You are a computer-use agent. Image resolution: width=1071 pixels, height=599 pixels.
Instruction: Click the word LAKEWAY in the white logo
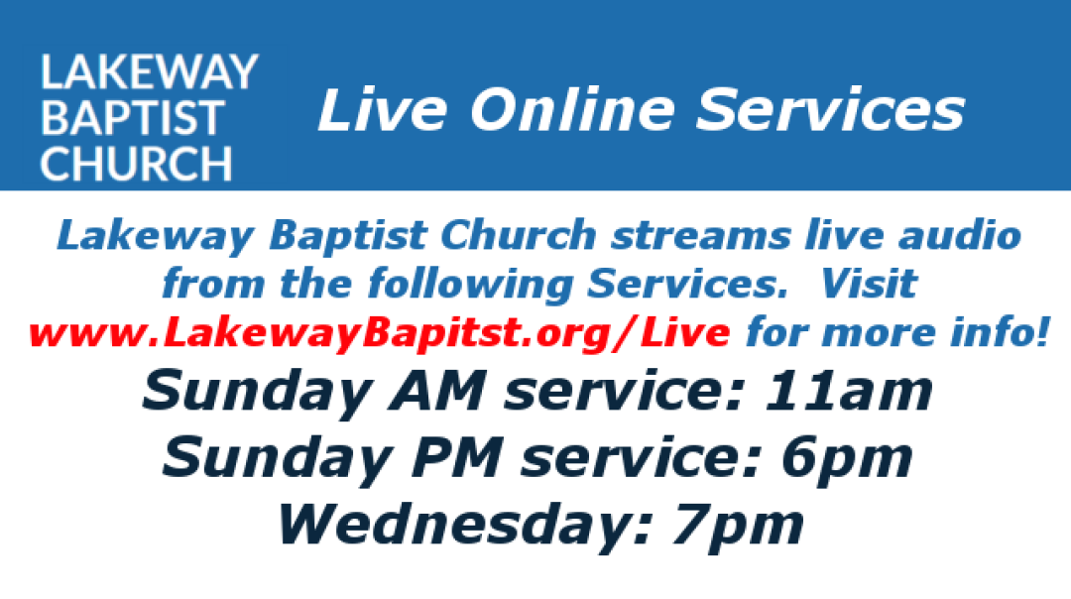point(149,72)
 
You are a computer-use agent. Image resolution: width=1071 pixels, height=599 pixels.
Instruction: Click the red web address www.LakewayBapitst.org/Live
point(380,333)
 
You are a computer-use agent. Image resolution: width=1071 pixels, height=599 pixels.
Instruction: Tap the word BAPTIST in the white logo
point(132,118)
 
